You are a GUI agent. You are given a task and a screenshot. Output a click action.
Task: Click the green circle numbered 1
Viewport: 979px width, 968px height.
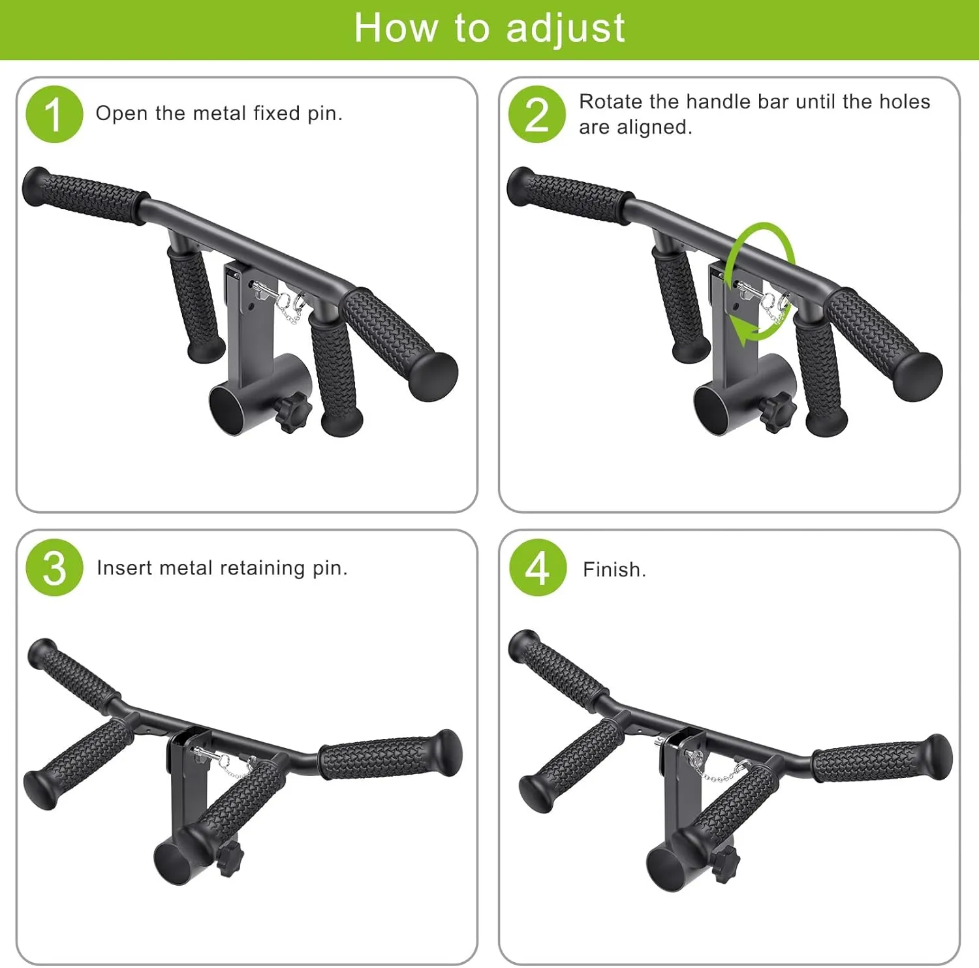point(54,114)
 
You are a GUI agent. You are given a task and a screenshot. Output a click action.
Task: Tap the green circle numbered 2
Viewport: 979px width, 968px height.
point(537,114)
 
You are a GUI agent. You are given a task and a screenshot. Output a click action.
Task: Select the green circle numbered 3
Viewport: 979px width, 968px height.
point(54,568)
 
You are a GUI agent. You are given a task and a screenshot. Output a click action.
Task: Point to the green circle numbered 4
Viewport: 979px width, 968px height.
point(537,568)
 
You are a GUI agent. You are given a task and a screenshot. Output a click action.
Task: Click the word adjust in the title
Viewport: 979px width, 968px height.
point(565,29)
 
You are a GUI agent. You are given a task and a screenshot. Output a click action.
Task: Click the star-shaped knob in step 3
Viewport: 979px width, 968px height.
point(228,858)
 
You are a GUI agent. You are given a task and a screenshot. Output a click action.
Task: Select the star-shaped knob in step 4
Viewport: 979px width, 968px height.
point(724,864)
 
